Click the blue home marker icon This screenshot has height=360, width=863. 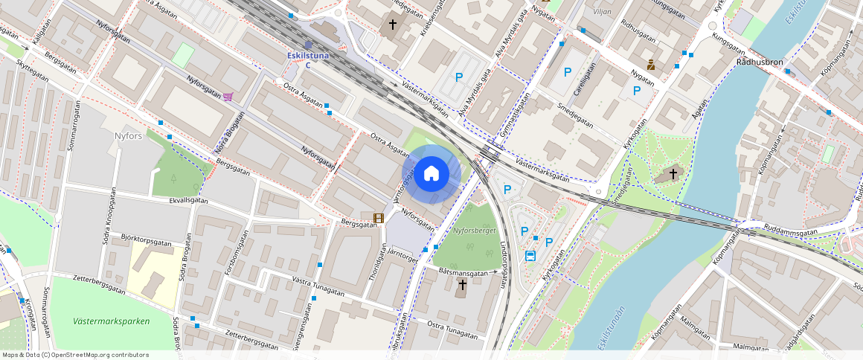point(431,174)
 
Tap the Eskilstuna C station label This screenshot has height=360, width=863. point(308,60)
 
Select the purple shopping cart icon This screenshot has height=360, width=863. point(228,96)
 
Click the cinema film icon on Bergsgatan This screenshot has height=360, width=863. point(379,219)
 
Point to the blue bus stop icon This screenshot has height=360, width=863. point(530,257)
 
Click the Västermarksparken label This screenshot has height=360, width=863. point(112,321)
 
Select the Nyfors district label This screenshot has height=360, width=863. point(133,136)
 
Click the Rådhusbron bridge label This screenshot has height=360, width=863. point(761,62)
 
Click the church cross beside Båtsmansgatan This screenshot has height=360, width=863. point(462,285)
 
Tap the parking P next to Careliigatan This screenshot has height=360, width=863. point(568,72)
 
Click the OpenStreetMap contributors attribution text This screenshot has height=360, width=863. point(76,355)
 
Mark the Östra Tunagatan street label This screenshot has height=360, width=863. point(453,330)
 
